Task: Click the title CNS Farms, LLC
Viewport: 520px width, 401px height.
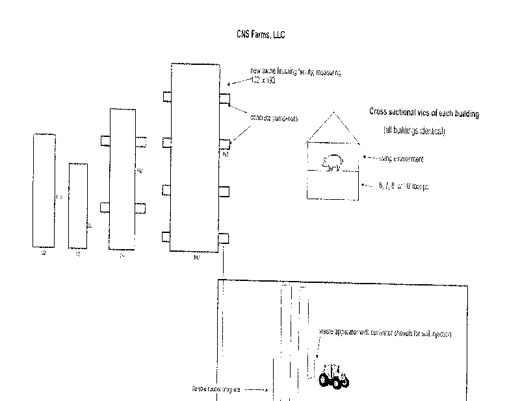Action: click(x=261, y=35)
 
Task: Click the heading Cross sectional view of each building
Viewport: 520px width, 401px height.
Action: click(x=424, y=112)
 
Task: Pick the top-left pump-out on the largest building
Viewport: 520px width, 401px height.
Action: click(x=166, y=97)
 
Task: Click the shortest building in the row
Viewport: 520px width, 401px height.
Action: click(x=77, y=205)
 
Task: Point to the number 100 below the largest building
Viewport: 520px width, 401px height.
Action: click(x=196, y=258)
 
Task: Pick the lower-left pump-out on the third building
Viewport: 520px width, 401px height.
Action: click(x=105, y=207)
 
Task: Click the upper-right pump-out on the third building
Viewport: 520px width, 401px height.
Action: click(x=140, y=141)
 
